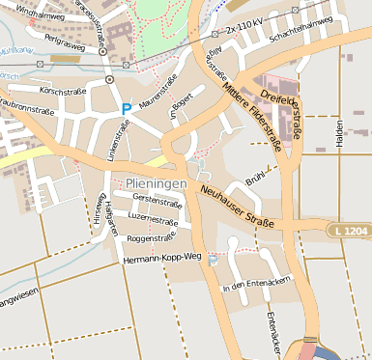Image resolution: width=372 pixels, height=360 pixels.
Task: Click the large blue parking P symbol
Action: [126, 109]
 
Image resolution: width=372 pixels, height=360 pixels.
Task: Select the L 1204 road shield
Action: [348, 232]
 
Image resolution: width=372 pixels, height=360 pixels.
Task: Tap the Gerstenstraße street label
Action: [157, 204]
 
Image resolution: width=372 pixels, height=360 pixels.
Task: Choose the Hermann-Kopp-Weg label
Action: [162, 257]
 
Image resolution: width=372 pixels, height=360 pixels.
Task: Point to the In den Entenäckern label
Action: [257, 287]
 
